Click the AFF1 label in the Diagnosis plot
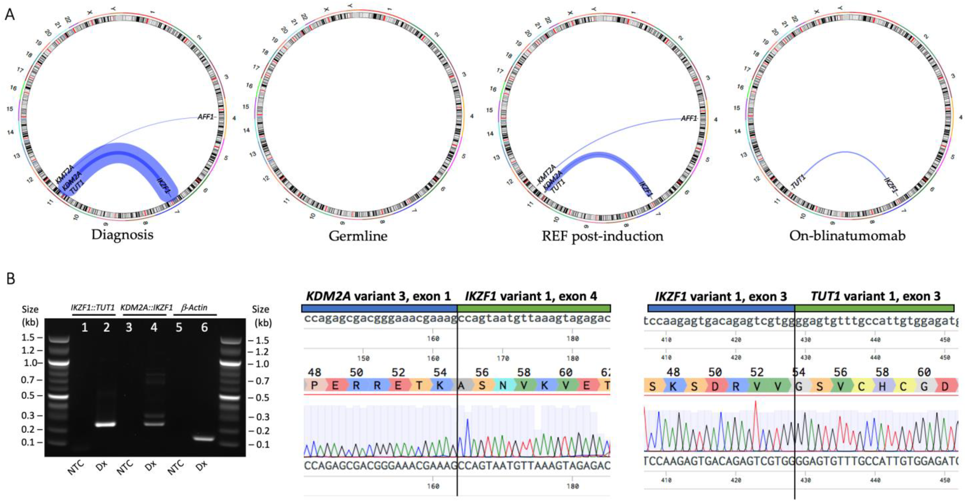(x=205, y=117)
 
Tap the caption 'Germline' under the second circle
(x=358, y=236)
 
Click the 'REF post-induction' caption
(x=602, y=236)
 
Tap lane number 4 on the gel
(x=154, y=328)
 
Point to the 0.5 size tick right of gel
(x=262, y=398)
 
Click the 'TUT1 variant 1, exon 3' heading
(x=875, y=296)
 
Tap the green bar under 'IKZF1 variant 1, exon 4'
(x=534, y=308)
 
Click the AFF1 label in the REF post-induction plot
(x=688, y=119)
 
